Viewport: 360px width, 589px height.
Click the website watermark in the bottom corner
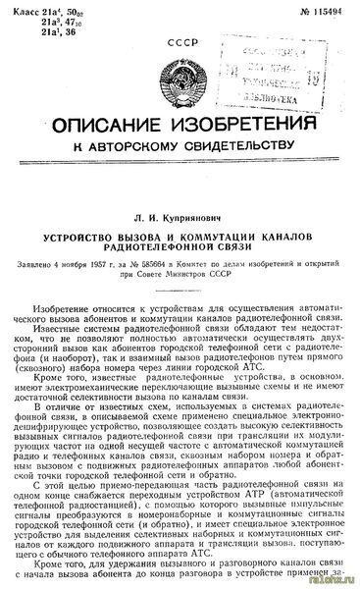pos(338,581)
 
